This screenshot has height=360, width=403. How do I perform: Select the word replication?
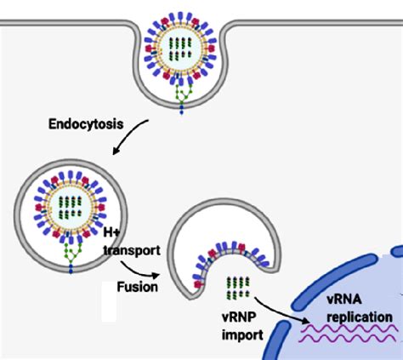358,317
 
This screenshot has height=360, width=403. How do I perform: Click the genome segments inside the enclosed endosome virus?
71,206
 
